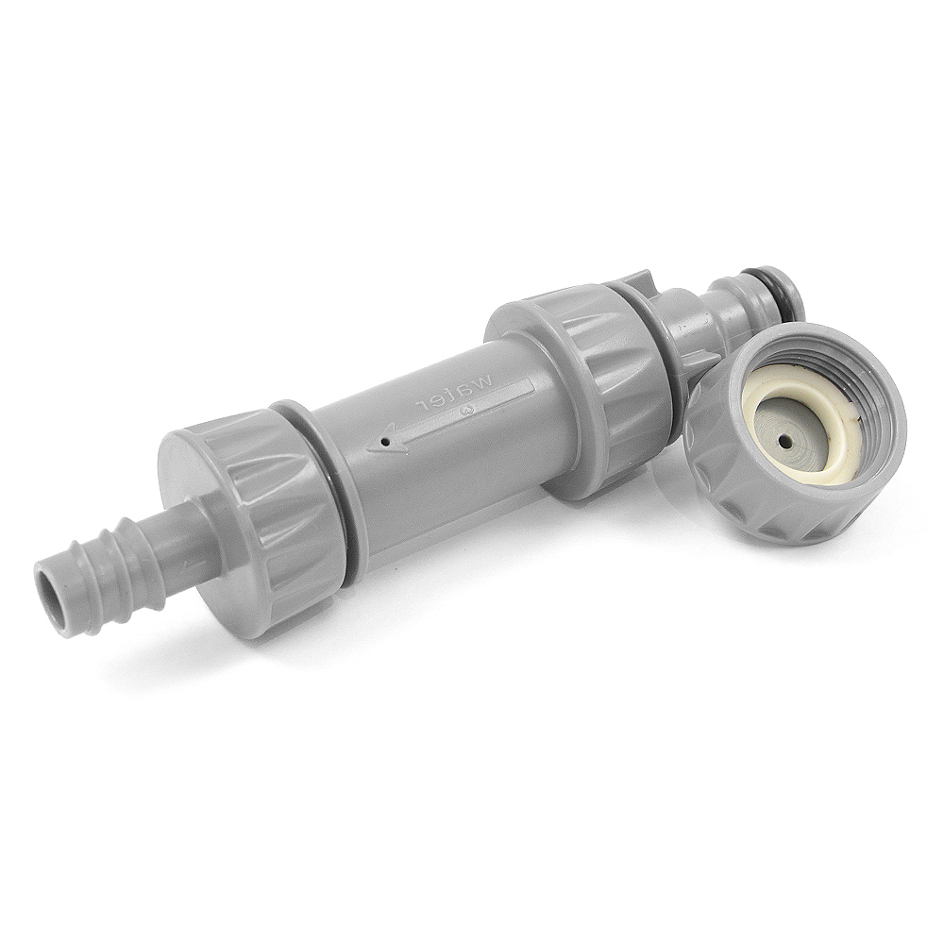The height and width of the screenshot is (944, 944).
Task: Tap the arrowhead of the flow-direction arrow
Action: click(386, 443)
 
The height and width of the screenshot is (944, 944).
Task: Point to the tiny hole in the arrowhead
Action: click(386, 445)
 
